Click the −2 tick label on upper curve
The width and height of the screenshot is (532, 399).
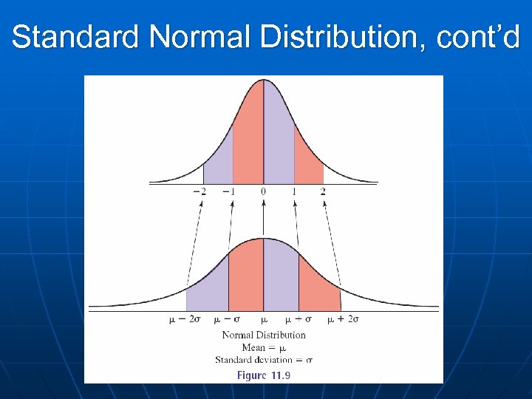[200, 191]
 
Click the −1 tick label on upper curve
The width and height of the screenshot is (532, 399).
[231, 191]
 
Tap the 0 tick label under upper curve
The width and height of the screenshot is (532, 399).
[263, 191]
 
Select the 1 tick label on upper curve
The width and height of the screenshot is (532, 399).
[293, 191]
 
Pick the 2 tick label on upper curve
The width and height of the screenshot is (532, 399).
[323, 191]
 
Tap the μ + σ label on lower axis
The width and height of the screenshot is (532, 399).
[299, 319]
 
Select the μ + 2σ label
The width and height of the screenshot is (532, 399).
[344, 319]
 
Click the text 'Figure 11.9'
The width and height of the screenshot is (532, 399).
[264, 375]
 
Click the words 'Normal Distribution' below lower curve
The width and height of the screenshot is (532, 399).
[264, 335]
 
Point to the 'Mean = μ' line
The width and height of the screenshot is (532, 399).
[264, 347]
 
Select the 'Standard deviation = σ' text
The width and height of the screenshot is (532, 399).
[264, 359]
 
